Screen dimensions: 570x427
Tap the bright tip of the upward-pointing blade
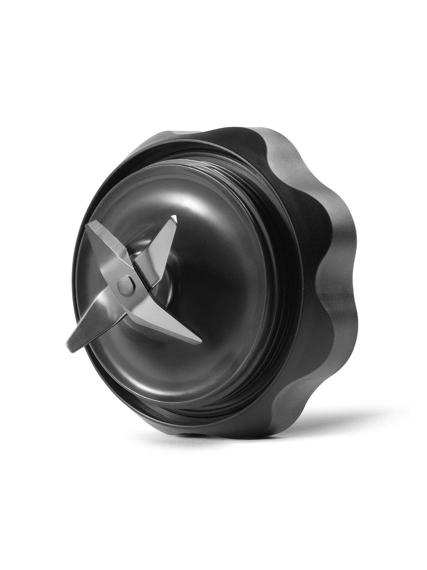click(x=175, y=218)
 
